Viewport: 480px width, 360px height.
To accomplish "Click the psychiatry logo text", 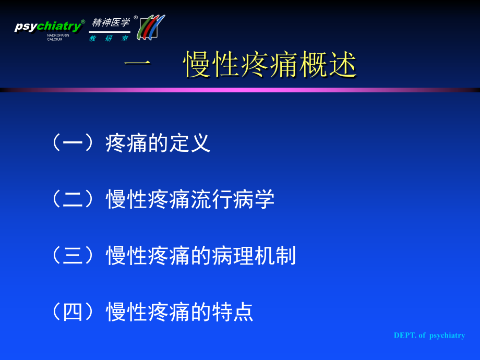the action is click(49, 26).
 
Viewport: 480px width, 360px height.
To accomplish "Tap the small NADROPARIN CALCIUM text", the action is click(58, 38).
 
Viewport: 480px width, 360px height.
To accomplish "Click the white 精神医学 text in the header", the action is click(111, 22).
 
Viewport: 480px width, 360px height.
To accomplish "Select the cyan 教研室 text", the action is click(109, 39).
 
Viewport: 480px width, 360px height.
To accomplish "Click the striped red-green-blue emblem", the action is click(151, 28).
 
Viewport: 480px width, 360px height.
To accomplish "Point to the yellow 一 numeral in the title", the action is click(138, 64).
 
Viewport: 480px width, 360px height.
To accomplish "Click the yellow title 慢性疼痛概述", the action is click(270, 64).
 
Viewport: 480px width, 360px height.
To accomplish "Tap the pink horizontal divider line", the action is click(240, 90).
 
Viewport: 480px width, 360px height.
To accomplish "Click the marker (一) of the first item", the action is click(73, 143).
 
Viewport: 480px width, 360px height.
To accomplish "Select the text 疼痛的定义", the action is click(158, 143).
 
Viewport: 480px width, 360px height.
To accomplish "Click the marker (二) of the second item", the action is click(73, 199).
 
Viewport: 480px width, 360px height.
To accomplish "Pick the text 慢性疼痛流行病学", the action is click(190, 199).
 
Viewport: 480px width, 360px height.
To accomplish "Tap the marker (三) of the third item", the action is click(73, 256).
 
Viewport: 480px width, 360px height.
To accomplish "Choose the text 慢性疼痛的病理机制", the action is click(201, 256).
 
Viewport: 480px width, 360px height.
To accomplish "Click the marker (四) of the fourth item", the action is click(73, 312).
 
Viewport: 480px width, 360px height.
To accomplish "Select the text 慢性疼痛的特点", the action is click(179, 312).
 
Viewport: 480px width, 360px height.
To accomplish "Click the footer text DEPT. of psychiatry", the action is click(429, 335).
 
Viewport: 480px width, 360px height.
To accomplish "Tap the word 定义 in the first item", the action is click(190, 143).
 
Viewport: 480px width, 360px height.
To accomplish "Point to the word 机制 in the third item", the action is click(275, 256).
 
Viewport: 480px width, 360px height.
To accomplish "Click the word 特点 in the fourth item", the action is click(233, 312).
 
